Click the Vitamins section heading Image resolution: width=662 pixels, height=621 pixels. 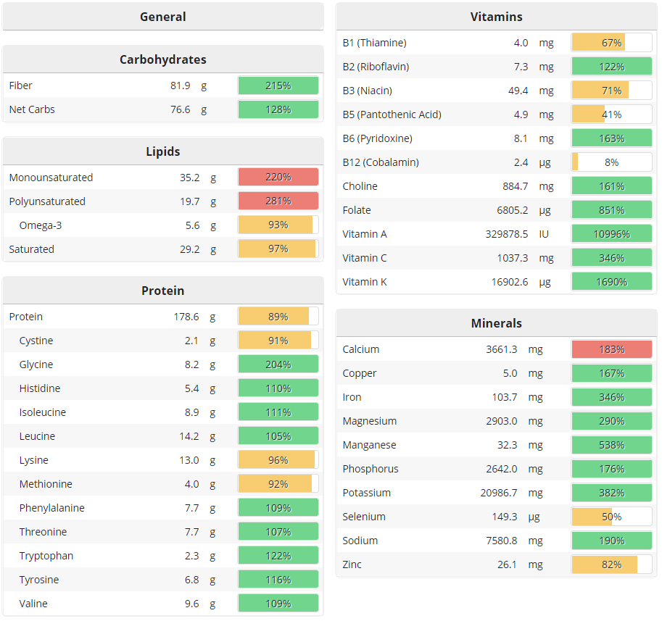496,17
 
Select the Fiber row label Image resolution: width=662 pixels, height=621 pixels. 21,86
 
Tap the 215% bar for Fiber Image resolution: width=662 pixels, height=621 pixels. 278,86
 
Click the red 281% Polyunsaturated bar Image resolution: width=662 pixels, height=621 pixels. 278,201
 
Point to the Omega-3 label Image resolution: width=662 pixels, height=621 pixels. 41,225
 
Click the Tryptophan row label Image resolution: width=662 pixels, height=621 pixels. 46,556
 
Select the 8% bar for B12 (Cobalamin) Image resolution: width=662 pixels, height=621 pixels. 611,162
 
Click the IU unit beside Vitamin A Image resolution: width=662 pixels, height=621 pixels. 544,234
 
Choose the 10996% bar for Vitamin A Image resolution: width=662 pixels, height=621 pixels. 611,234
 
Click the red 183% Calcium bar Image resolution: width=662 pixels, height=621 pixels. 611,349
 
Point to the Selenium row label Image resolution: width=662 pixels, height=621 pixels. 364,517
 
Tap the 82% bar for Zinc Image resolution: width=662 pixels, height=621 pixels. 611,564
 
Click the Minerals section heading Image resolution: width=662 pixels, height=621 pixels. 496,323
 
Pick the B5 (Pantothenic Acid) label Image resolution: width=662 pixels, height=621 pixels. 392,114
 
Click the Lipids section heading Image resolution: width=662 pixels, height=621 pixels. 162,151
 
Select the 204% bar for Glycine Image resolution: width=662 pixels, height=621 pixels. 278,364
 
